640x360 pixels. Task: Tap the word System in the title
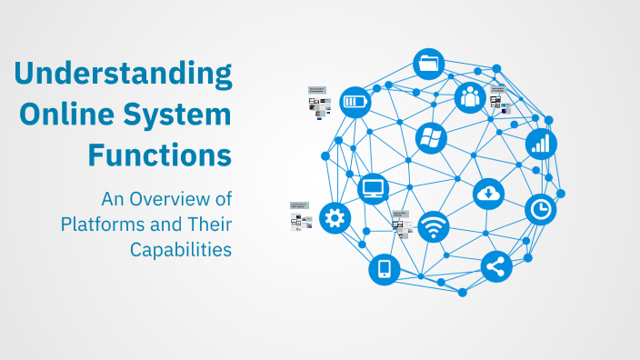point(181,115)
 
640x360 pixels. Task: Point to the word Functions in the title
point(159,155)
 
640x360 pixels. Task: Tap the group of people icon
point(470,96)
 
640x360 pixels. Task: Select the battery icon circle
point(355,101)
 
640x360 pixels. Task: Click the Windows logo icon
point(430,138)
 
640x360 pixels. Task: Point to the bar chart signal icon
point(541,143)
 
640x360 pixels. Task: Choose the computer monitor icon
point(374,189)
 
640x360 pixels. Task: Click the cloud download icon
point(488,193)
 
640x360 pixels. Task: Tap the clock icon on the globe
point(541,210)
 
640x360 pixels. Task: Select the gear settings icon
point(335,218)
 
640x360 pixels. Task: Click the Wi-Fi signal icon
point(434,226)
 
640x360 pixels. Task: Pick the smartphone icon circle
point(384,269)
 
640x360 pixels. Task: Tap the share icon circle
point(496,266)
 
